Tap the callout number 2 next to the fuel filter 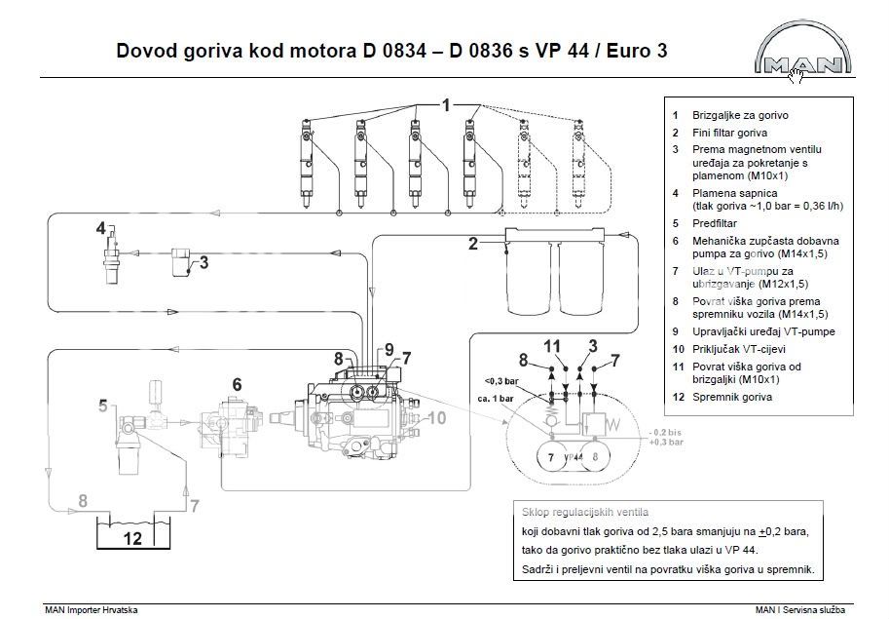click(473, 244)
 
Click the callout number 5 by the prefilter click(102, 406)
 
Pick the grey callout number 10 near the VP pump click(436, 417)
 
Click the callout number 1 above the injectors click(446, 104)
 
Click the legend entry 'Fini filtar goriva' click(729, 132)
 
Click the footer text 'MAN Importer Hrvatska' click(92, 609)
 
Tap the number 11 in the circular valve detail click(553, 347)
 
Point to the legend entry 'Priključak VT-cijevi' click(740, 348)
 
